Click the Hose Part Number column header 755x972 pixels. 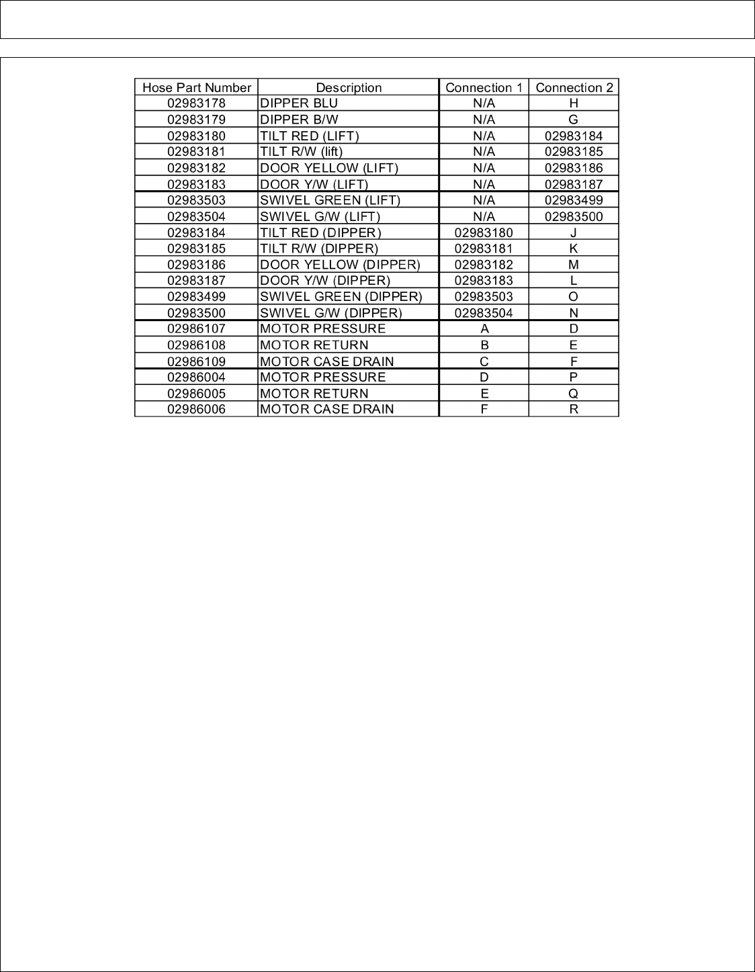click(x=196, y=87)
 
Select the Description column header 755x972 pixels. click(x=349, y=87)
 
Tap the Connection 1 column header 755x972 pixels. click(x=484, y=87)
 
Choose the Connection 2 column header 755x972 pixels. click(x=574, y=87)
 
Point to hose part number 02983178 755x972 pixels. click(x=196, y=103)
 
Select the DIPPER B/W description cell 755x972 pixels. click(x=299, y=120)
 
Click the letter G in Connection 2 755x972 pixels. click(x=574, y=120)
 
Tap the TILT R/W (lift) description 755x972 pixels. click(x=301, y=152)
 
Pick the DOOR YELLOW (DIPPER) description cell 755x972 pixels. click(x=340, y=265)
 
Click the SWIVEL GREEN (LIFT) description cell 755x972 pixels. click(x=330, y=200)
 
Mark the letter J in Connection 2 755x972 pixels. click(x=574, y=232)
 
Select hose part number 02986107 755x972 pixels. click(x=196, y=328)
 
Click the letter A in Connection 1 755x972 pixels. click(x=484, y=328)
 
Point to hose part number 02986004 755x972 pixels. click(x=196, y=377)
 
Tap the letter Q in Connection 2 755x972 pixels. click(x=574, y=394)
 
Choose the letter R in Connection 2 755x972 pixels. click(x=574, y=409)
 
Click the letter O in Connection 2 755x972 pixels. click(x=574, y=296)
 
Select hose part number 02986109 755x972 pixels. click(x=196, y=361)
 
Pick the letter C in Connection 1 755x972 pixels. click(x=484, y=361)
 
